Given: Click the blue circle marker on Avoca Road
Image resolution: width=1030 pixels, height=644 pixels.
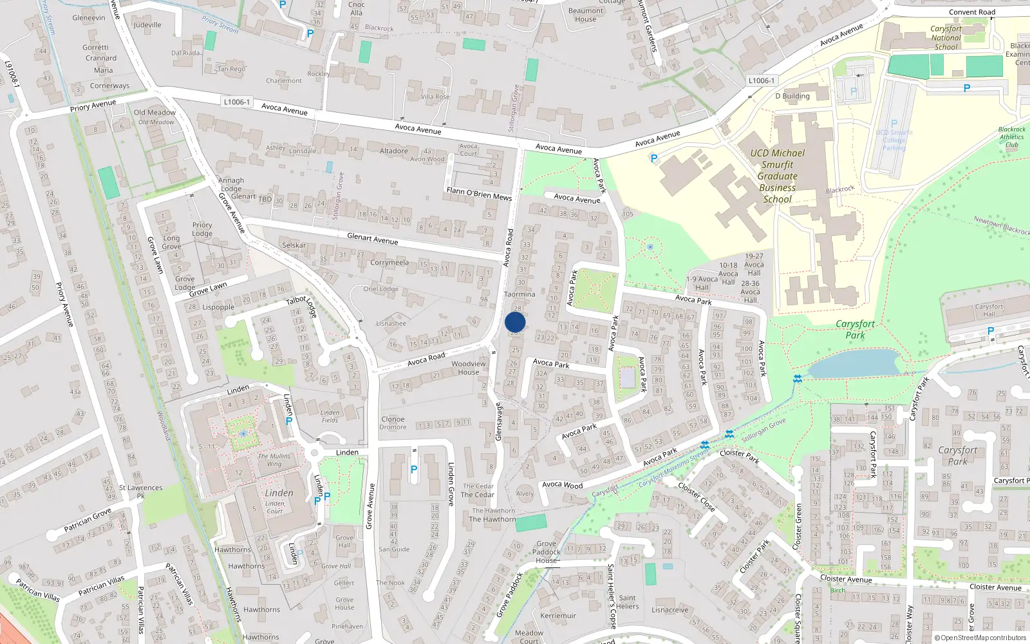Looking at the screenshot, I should (515, 322).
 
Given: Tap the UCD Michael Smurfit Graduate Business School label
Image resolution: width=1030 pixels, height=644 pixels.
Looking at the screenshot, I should (777, 176).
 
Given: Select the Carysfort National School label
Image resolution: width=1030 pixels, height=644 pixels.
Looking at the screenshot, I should (946, 38).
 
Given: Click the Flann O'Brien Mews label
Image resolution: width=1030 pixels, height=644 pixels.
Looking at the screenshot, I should (479, 194).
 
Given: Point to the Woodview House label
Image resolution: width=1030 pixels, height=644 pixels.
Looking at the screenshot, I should (469, 368).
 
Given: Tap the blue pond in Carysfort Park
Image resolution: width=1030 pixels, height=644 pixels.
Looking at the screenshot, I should (853, 364).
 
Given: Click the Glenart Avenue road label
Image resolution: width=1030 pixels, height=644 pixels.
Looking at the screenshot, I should (372, 239).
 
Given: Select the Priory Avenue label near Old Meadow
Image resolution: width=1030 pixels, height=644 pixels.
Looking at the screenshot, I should (93, 106).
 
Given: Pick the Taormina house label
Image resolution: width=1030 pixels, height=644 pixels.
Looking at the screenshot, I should (519, 294).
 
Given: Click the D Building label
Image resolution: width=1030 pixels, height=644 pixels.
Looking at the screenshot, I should (792, 96).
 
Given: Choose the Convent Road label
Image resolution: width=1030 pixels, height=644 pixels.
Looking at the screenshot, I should (971, 12).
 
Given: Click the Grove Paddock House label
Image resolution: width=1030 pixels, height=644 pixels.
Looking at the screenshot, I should (546, 552).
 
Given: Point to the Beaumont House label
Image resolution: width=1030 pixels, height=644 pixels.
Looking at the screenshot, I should (585, 15).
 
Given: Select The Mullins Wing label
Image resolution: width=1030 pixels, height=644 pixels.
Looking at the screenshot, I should (274, 460).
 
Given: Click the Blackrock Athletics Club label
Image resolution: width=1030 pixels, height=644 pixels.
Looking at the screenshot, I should (1011, 137).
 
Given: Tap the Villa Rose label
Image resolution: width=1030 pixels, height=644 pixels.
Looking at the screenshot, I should (435, 97).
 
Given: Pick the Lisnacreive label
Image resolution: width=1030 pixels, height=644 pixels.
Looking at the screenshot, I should (669, 610).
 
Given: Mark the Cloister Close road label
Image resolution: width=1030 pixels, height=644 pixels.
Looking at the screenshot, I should (696, 497).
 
